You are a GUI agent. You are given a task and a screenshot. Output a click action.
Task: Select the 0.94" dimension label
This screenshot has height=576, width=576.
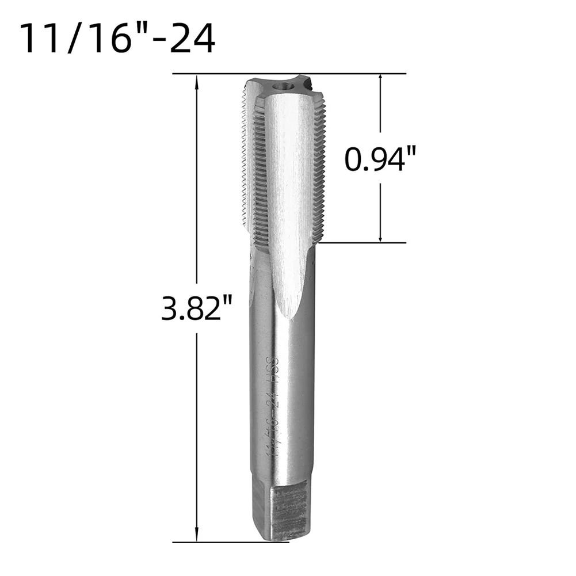379,159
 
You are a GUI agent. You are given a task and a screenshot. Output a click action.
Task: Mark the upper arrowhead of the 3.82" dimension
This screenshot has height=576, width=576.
197,81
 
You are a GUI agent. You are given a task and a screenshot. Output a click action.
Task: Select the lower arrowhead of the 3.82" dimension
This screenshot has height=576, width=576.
197,533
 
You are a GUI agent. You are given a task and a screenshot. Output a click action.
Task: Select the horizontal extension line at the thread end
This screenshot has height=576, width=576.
363,243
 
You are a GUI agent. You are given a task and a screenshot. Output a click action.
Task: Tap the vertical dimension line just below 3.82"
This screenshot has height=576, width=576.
197,403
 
